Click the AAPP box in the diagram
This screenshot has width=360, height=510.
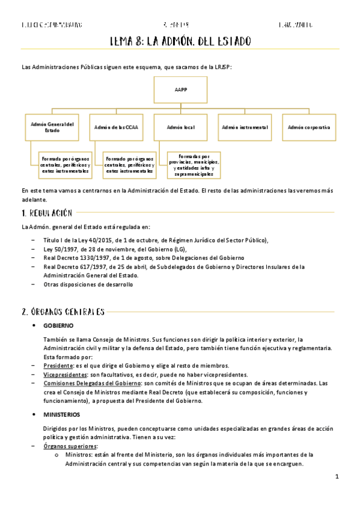[x=180, y=89]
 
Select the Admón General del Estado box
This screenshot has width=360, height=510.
[x=52, y=127]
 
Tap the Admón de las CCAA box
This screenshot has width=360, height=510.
[x=116, y=127]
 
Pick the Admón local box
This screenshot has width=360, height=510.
[x=180, y=127]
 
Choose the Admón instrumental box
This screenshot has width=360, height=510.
[x=244, y=127]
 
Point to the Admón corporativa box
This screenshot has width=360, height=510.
[x=308, y=127]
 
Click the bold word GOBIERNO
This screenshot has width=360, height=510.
[x=58, y=325]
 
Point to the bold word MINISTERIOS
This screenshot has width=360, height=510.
[x=62, y=415]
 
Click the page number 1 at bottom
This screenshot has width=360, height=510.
[x=337, y=477]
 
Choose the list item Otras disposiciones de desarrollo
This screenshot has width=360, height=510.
[x=88, y=284]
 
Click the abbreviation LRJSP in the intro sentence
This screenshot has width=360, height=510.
[x=222, y=67]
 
